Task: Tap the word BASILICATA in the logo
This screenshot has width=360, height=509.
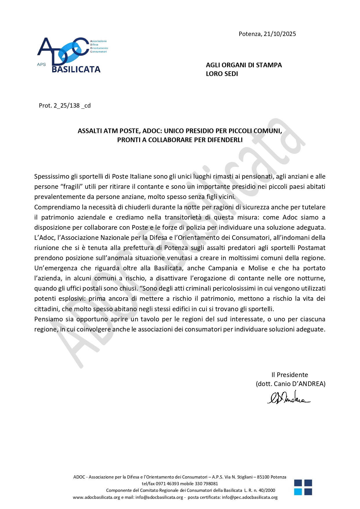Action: coord(76,69)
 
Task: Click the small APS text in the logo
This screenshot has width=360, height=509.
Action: coord(41,64)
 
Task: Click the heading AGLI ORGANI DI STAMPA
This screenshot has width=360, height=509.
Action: coord(244,65)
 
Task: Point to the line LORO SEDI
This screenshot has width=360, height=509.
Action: coord(222,74)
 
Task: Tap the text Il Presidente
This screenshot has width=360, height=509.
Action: coord(290,375)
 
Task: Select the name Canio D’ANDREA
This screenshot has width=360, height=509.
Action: coord(299,384)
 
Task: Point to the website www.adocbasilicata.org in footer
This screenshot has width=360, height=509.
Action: coord(96,497)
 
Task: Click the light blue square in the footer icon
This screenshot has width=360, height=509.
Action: coord(298,492)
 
